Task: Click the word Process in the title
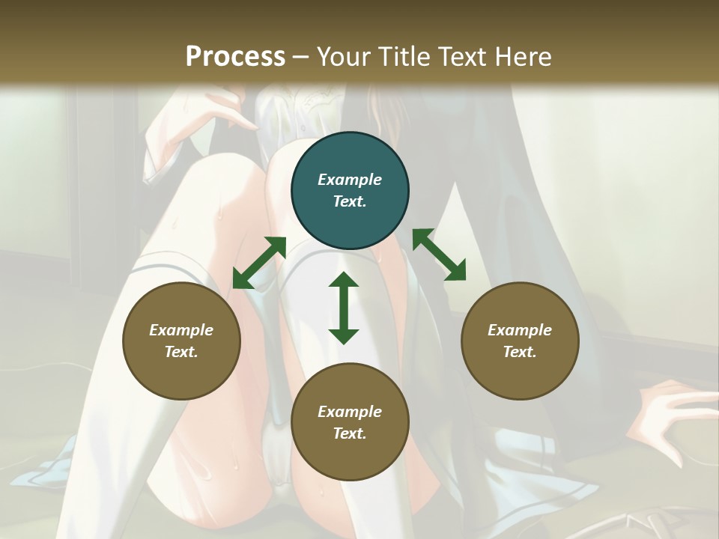(235, 57)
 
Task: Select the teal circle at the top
(350, 191)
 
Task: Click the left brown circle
(181, 341)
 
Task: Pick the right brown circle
(520, 341)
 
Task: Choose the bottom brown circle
(350, 422)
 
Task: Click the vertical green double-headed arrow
(344, 308)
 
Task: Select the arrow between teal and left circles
(259, 263)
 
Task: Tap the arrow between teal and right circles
(439, 255)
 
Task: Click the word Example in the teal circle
(350, 180)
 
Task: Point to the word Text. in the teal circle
(350, 201)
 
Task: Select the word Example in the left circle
(181, 330)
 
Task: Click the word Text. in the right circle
(520, 352)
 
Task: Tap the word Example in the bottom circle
(350, 412)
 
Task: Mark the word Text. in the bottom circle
(350, 433)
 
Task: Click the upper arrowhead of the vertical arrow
(344, 280)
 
